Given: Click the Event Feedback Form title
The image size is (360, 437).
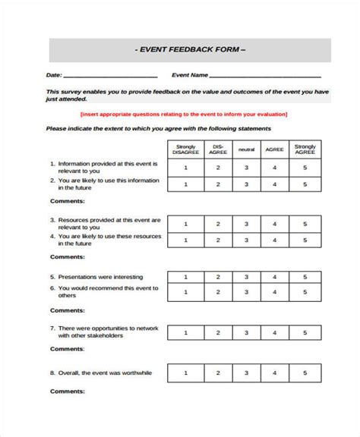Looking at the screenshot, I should coord(189,50).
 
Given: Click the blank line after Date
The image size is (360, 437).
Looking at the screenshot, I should coord(110,77).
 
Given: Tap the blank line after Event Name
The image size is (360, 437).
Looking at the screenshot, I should coord(264,77).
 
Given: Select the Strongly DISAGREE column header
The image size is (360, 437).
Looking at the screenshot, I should coord(185,149).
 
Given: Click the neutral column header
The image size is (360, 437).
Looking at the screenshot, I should coord(245,149).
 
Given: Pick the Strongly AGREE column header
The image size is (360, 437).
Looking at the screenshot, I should coord(305,149).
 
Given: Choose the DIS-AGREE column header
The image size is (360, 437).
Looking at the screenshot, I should coord(217,149).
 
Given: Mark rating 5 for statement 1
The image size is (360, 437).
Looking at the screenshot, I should coord(305,167).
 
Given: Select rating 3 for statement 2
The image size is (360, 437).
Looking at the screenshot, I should coord(245,184).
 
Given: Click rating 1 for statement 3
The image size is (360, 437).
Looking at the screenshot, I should coord(185,224).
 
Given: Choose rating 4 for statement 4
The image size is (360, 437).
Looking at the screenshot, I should coord(275,241).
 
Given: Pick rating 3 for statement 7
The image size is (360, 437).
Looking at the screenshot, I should coord(245,332).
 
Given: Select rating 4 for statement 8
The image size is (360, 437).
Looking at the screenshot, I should coord(275,373).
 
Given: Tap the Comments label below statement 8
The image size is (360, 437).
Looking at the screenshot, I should coord(66,412).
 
